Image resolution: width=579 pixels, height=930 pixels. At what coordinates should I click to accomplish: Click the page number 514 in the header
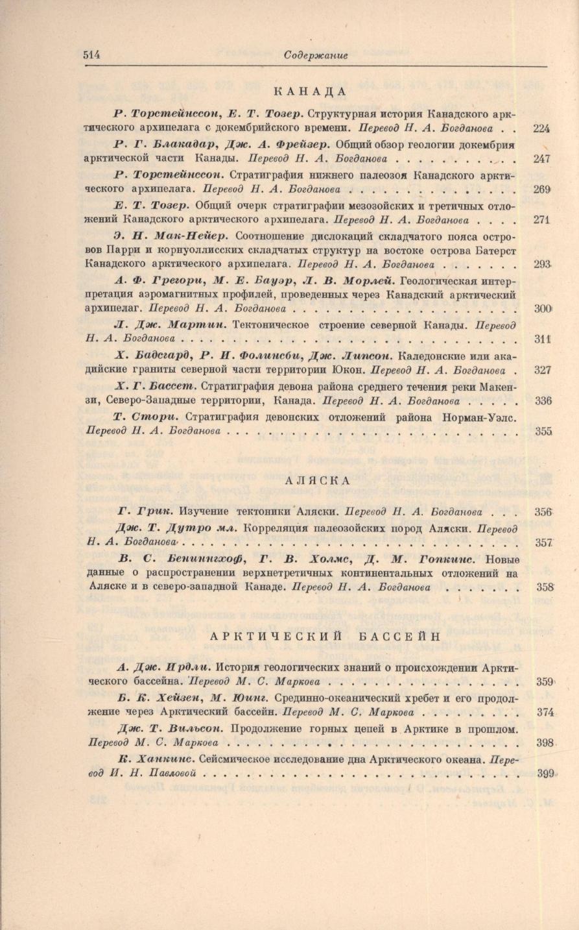click(92, 55)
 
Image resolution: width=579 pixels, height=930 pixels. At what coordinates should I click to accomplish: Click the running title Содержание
click(316, 56)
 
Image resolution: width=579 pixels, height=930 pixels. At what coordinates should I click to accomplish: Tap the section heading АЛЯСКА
click(317, 480)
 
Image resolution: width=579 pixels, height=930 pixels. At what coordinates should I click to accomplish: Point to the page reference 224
click(541, 128)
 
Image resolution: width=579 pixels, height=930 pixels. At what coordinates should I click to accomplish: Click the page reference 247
click(541, 159)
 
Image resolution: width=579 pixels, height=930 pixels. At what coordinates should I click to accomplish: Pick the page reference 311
click(541, 339)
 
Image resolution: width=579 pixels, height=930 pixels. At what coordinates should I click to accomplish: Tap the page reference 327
click(541, 370)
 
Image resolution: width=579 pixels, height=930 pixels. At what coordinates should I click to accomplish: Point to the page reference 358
click(545, 587)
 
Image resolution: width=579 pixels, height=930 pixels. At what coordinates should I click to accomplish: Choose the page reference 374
click(545, 712)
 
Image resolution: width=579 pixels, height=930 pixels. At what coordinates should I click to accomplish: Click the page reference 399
click(547, 774)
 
